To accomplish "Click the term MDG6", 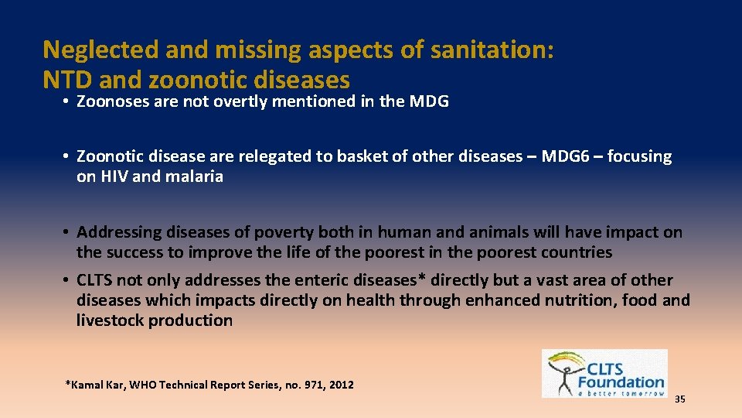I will pyautogui.click(x=568, y=156).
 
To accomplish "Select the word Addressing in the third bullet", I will pyautogui.click(x=116, y=232).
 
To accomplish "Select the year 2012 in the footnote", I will pyautogui.click(x=340, y=385).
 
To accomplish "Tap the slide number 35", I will pyautogui.click(x=680, y=399).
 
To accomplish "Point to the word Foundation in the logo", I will pyautogui.click(x=621, y=382).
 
